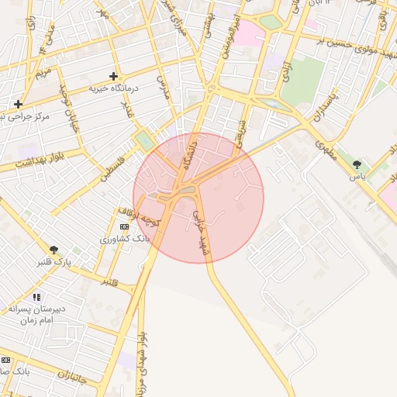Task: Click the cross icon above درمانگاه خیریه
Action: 114,76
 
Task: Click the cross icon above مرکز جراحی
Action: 18,104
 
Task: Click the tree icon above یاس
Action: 357,164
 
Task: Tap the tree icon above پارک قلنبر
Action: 54,250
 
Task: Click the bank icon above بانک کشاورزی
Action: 124,226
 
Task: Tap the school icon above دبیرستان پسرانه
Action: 36,297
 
